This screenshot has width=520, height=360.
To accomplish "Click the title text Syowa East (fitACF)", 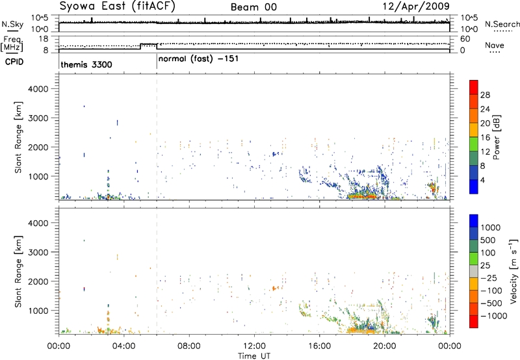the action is coord(118,6).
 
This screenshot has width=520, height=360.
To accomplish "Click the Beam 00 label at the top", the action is coord(253,7).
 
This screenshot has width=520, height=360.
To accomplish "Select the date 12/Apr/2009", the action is coord(416,6).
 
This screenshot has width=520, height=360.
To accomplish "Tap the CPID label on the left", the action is coord(14,62).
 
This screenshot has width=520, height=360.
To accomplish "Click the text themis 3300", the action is coord(86,64).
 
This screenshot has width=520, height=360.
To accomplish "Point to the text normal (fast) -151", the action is coord(198,59).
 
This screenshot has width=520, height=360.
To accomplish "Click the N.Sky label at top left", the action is coord(12,24).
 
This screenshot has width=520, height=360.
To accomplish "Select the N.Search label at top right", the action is coord(502,24).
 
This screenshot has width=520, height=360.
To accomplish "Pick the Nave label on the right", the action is coord(495,45).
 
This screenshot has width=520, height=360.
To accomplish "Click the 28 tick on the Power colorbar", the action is coord(485,95).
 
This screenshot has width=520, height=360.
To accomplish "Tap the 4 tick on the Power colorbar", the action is coord(482,181).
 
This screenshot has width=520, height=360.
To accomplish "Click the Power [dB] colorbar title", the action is coord(496,137).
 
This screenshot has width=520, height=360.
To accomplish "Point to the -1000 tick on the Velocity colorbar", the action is coord(494,316).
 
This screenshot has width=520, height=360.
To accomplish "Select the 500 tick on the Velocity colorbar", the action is coord(487,240).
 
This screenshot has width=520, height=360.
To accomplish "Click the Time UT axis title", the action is coord(254,356).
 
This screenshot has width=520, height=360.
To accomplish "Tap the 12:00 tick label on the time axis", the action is coord(254,346).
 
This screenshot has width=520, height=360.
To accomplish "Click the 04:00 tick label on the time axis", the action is coord(124,346).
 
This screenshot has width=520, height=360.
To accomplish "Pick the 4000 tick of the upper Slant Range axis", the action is coord(38,89).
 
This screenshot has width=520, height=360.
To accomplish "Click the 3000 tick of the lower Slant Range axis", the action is coord(38,252).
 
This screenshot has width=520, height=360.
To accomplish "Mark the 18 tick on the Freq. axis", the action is coord(44,39).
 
